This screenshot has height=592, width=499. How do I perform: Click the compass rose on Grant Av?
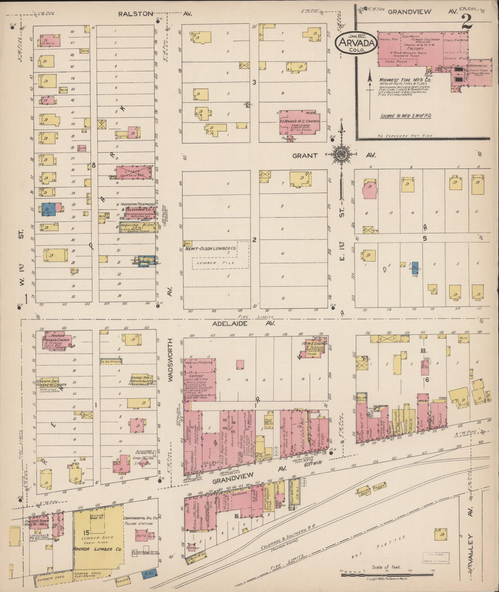(x=342, y=154)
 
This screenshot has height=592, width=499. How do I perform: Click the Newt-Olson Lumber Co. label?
(x=211, y=248)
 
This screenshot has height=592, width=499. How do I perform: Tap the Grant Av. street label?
(x=305, y=155)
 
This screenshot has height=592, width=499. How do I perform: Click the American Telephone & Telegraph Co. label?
(x=137, y=207)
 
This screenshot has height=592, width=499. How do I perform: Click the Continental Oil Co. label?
(x=140, y=518)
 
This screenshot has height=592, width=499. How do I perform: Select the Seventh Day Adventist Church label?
(x=51, y=383)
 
